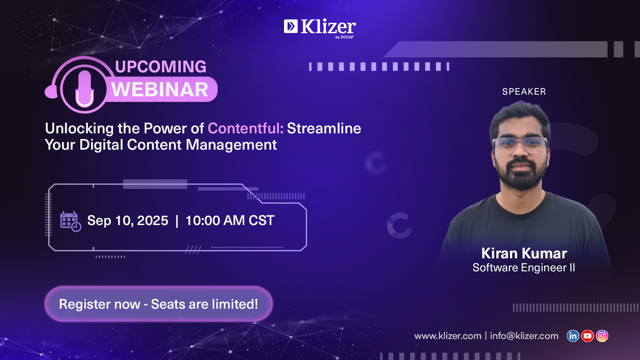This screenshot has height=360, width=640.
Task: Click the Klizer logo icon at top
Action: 291,26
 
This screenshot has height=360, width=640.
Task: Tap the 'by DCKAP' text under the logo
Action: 344,37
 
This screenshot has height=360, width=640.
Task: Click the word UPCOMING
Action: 161,67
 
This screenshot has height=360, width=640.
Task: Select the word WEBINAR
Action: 160,90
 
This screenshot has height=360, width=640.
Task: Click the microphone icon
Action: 85,89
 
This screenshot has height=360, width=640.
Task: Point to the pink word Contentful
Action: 246,128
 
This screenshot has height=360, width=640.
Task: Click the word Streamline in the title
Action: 324,128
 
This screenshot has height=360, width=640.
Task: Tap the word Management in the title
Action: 231,145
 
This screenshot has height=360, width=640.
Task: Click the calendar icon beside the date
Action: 71,221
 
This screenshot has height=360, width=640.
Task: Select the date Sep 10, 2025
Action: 128,221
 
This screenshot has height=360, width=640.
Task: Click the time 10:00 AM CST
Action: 230,220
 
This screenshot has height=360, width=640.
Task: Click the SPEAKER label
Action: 524,92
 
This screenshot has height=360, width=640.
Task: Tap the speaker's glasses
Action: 520,145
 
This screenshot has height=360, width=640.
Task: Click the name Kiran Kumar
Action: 524,253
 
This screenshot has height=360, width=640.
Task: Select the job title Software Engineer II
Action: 524,268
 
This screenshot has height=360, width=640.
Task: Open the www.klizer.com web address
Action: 448,336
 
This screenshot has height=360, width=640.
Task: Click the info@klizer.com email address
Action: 524,336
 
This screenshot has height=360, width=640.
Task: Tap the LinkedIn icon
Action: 573,336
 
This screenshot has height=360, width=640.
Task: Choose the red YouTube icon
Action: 587,336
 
